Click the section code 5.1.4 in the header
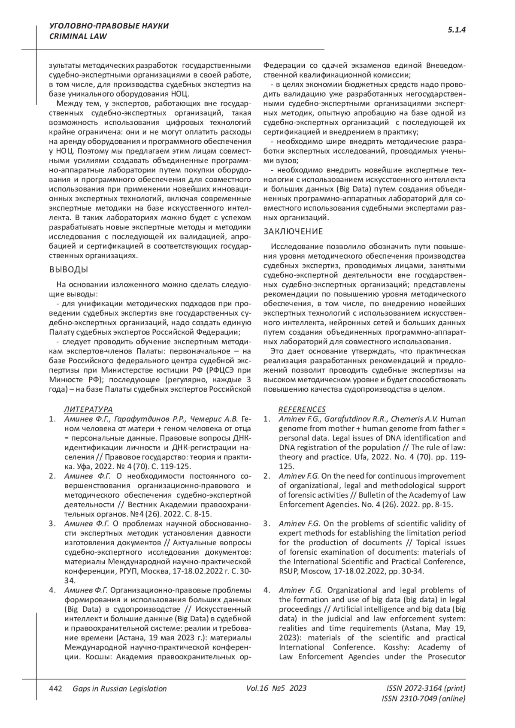tap(457, 30)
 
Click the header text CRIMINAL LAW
tap(78, 36)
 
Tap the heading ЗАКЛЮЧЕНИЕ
tap(293, 232)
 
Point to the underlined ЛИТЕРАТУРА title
tap(88, 409)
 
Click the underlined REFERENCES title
tap(302, 409)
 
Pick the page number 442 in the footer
tap(56, 689)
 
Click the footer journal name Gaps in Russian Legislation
tap(119, 689)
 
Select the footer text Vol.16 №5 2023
tap(276, 689)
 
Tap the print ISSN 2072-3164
tap(426, 689)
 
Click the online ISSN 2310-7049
tap(423, 699)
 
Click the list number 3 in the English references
tap(267, 523)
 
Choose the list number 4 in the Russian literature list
tap(52, 590)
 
